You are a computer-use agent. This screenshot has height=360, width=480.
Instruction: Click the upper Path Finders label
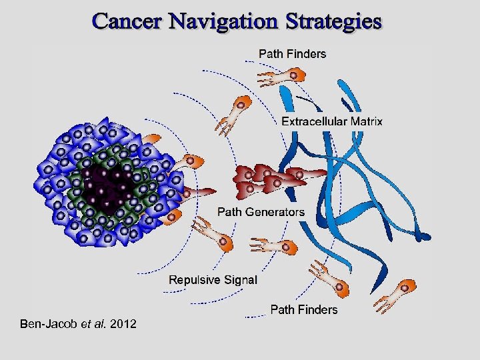[x=292, y=54]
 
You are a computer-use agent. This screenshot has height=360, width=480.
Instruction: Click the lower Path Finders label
[x=303, y=310]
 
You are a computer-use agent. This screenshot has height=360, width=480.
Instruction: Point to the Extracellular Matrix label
[x=332, y=121]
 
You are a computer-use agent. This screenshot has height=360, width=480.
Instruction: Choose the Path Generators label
[x=261, y=212]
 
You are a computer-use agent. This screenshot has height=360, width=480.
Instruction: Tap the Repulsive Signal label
[x=213, y=280]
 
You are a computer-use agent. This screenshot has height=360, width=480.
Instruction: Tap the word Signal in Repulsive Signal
[x=239, y=280]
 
